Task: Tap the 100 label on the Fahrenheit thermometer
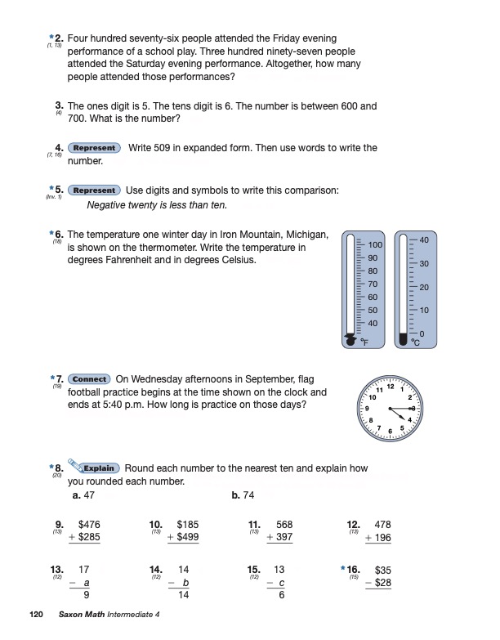pyautogui.click(x=375, y=245)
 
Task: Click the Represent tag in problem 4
pyautogui.click(x=95, y=148)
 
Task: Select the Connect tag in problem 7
pyautogui.click(x=90, y=379)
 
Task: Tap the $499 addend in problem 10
pyautogui.click(x=187, y=537)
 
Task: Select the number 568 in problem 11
pyautogui.click(x=283, y=524)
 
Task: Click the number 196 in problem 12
pyautogui.click(x=382, y=537)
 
